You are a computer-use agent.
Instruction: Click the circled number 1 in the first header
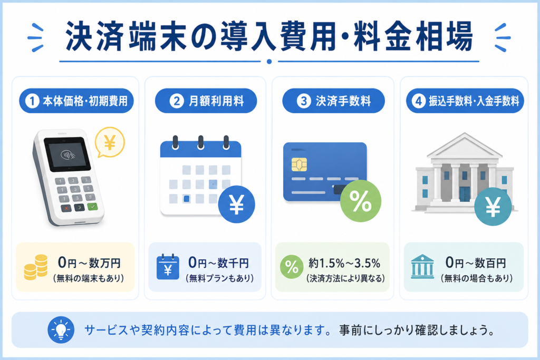(32, 101)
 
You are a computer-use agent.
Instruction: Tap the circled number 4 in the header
(418, 101)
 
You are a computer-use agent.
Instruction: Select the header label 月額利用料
(216, 101)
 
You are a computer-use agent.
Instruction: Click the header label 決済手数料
(343, 101)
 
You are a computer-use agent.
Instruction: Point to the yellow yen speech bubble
(110, 142)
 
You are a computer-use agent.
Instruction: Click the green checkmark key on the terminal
(92, 207)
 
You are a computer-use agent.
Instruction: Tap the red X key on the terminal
(66, 208)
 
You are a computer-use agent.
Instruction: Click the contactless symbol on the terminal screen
(68, 155)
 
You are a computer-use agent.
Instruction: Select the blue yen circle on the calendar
(237, 204)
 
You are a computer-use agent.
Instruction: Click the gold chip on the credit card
(299, 164)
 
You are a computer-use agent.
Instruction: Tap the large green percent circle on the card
(361, 201)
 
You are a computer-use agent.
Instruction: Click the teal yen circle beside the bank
(493, 207)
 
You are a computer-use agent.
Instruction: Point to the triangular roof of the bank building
(465, 145)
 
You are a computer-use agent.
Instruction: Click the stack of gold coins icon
(36, 267)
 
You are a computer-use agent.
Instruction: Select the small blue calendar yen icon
(168, 267)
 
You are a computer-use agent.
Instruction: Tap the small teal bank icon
(422, 266)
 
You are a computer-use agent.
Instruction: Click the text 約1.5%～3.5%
(344, 264)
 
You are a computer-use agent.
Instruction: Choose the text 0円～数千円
(219, 263)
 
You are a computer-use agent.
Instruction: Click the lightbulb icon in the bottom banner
(61, 330)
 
